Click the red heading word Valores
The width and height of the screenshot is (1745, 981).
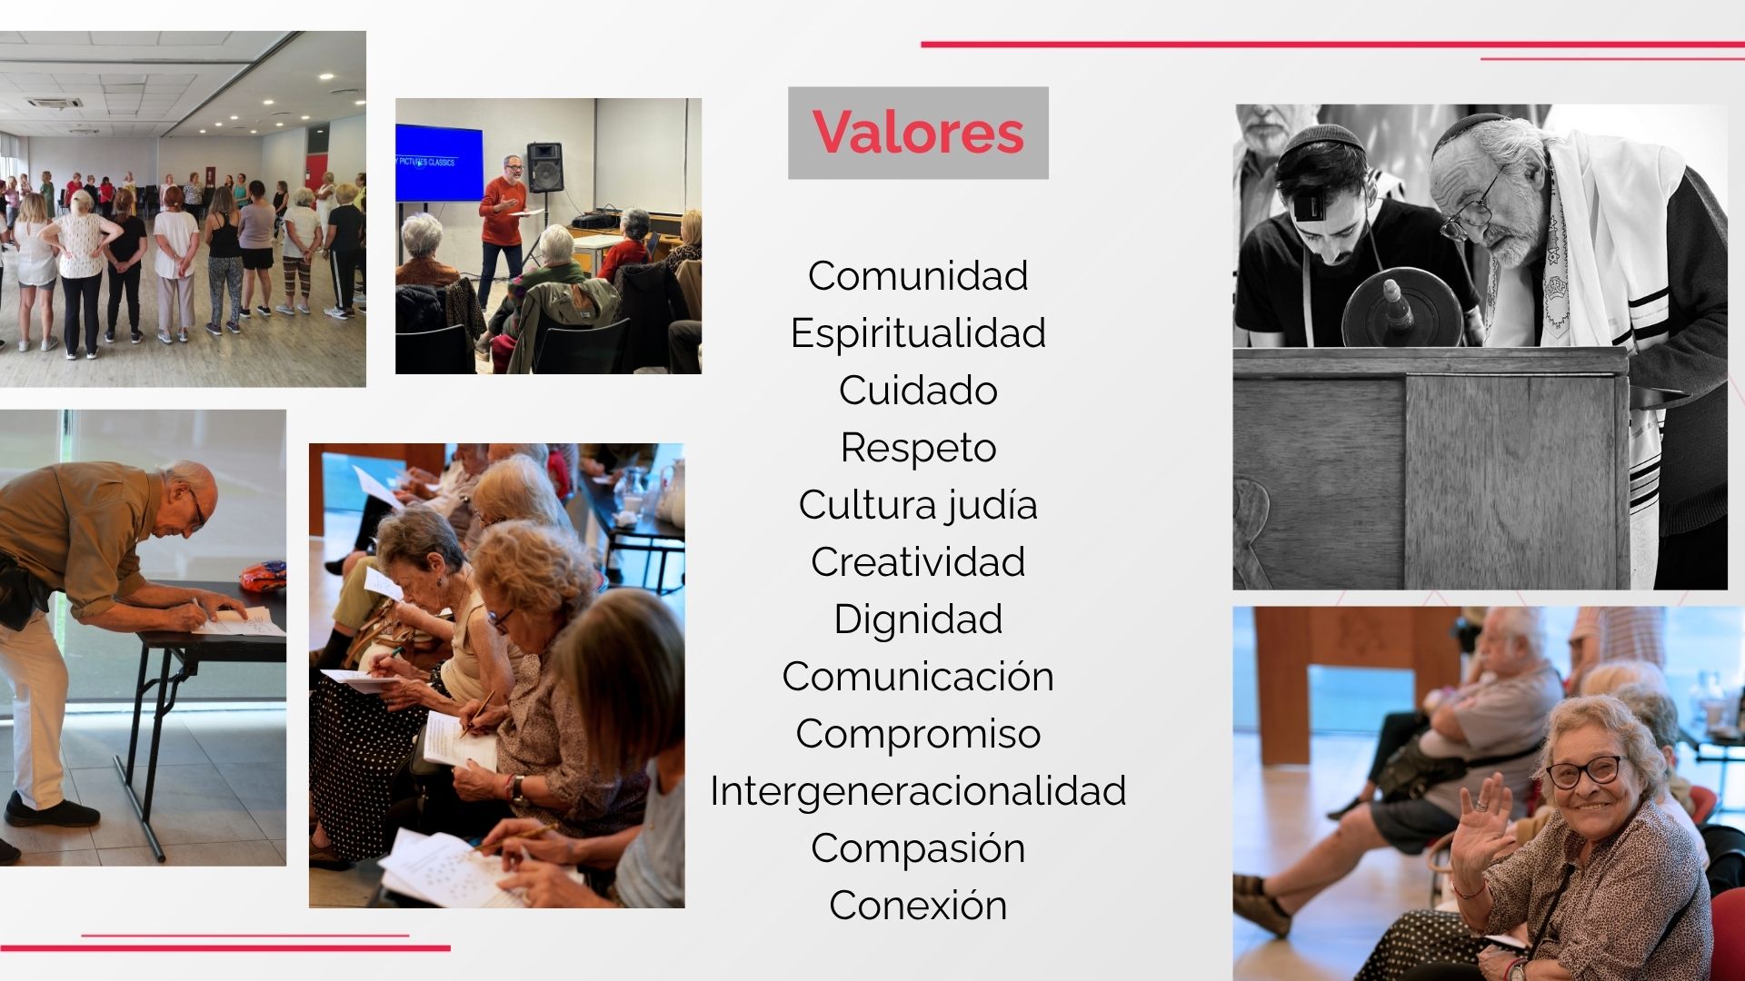click(x=918, y=133)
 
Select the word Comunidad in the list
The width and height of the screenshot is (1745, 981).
click(x=918, y=276)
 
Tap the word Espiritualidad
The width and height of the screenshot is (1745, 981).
click(x=918, y=333)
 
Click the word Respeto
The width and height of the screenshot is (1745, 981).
click(x=918, y=448)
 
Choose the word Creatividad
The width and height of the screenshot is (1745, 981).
click(x=918, y=562)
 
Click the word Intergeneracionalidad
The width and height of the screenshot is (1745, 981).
click(x=918, y=791)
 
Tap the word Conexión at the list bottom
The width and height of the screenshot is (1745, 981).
click(x=918, y=906)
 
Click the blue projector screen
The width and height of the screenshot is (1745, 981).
click(x=439, y=163)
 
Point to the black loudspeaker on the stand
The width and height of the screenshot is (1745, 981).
click(x=544, y=166)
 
